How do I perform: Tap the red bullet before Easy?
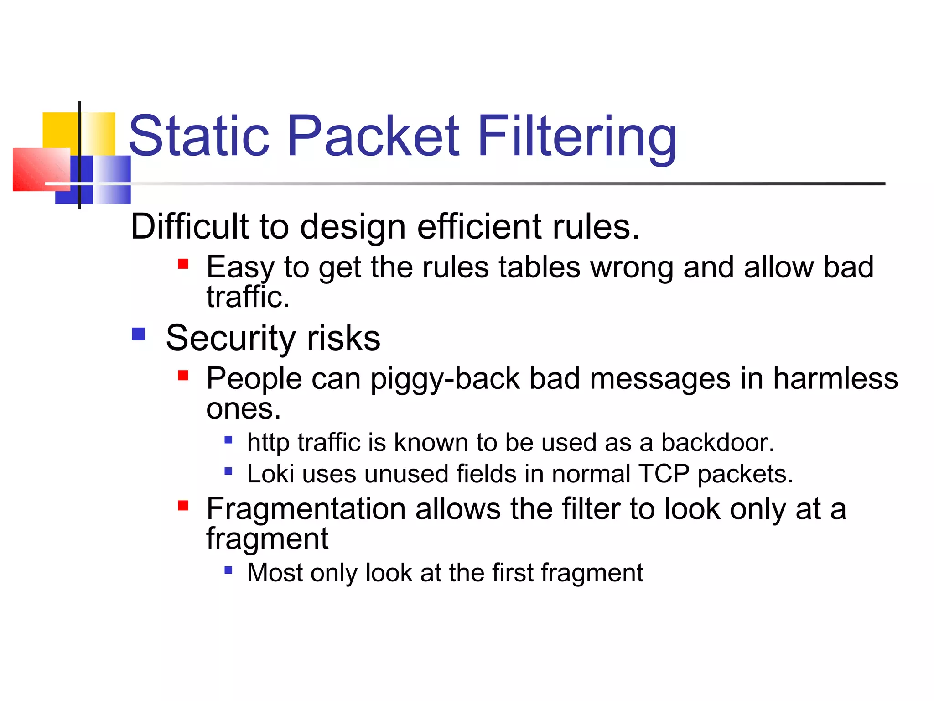(x=183, y=264)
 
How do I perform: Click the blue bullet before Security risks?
(x=138, y=334)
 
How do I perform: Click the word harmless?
(x=835, y=379)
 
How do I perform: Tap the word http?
(x=268, y=443)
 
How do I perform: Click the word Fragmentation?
(x=306, y=509)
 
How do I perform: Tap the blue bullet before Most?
(x=228, y=570)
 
